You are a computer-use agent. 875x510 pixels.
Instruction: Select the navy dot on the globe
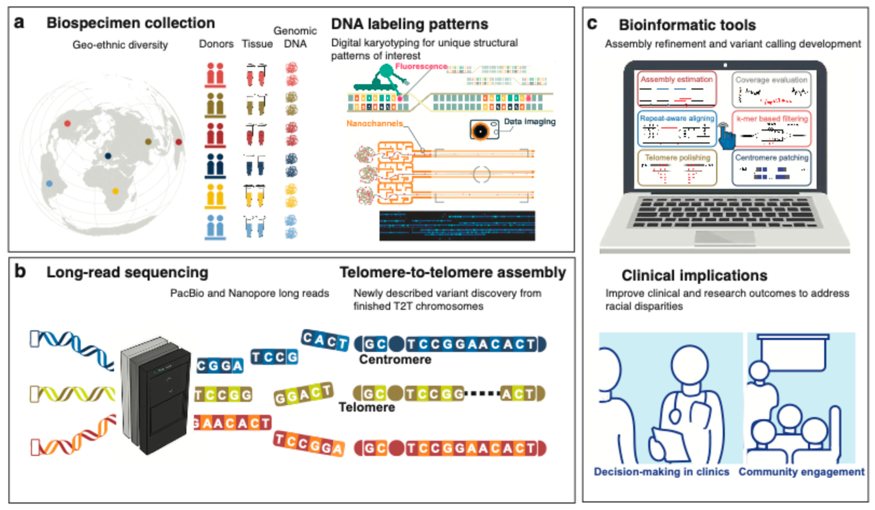point(108,156)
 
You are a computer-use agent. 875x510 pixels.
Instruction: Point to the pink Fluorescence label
point(421,66)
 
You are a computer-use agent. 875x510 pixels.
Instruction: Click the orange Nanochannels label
point(374,123)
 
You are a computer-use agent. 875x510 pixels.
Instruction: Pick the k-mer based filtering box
point(771,128)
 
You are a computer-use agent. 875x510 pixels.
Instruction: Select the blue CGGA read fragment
point(220,366)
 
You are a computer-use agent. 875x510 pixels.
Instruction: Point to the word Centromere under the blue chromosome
point(395,360)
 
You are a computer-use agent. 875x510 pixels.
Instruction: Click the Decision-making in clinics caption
point(661,472)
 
